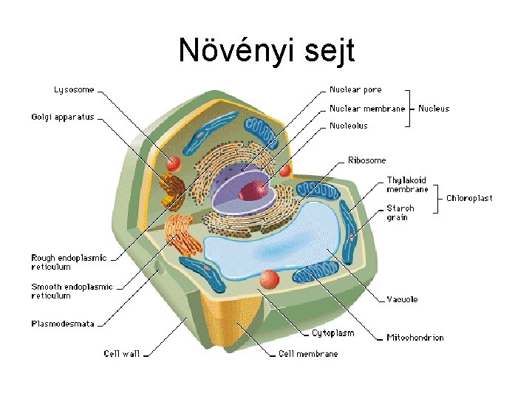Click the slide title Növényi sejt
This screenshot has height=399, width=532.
click(x=266, y=50)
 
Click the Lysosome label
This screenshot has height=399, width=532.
click(x=74, y=90)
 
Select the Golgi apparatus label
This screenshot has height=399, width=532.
click(x=63, y=117)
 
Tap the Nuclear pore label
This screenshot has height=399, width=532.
click(x=355, y=90)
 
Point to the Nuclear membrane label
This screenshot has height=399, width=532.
click(x=367, y=109)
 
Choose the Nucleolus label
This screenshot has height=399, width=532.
click(x=348, y=126)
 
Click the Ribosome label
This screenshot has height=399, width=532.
click(x=366, y=160)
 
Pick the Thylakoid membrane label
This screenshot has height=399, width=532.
click(x=407, y=185)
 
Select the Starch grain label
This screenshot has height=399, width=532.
click(x=400, y=213)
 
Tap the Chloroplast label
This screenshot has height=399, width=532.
click(x=468, y=198)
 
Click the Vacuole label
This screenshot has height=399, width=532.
click(x=402, y=299)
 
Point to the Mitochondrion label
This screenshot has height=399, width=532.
click(x=415, y=338)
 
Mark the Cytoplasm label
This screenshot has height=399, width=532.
click(x=332, y=333)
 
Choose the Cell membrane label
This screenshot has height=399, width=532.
click(x=308, y=354)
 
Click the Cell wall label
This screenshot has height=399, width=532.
click(x=121, y=354)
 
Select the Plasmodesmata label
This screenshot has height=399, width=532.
click(x=63, y=324)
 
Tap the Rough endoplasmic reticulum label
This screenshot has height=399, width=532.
click(x=69, y=262)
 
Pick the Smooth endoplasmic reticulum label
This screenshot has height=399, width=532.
click(x=72, y=291)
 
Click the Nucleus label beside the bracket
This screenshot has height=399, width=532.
click(x=434, y=109)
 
